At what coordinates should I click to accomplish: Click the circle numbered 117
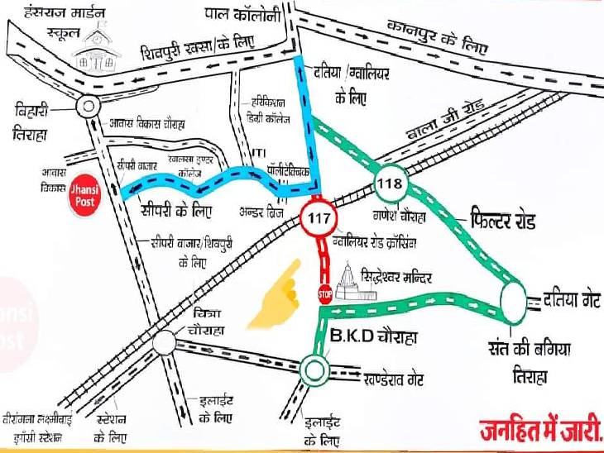click(318, 218)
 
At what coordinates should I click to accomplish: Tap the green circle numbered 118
click(388, 183)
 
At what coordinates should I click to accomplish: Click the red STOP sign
click(324, 293)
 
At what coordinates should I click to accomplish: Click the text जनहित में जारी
click(540, 431)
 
